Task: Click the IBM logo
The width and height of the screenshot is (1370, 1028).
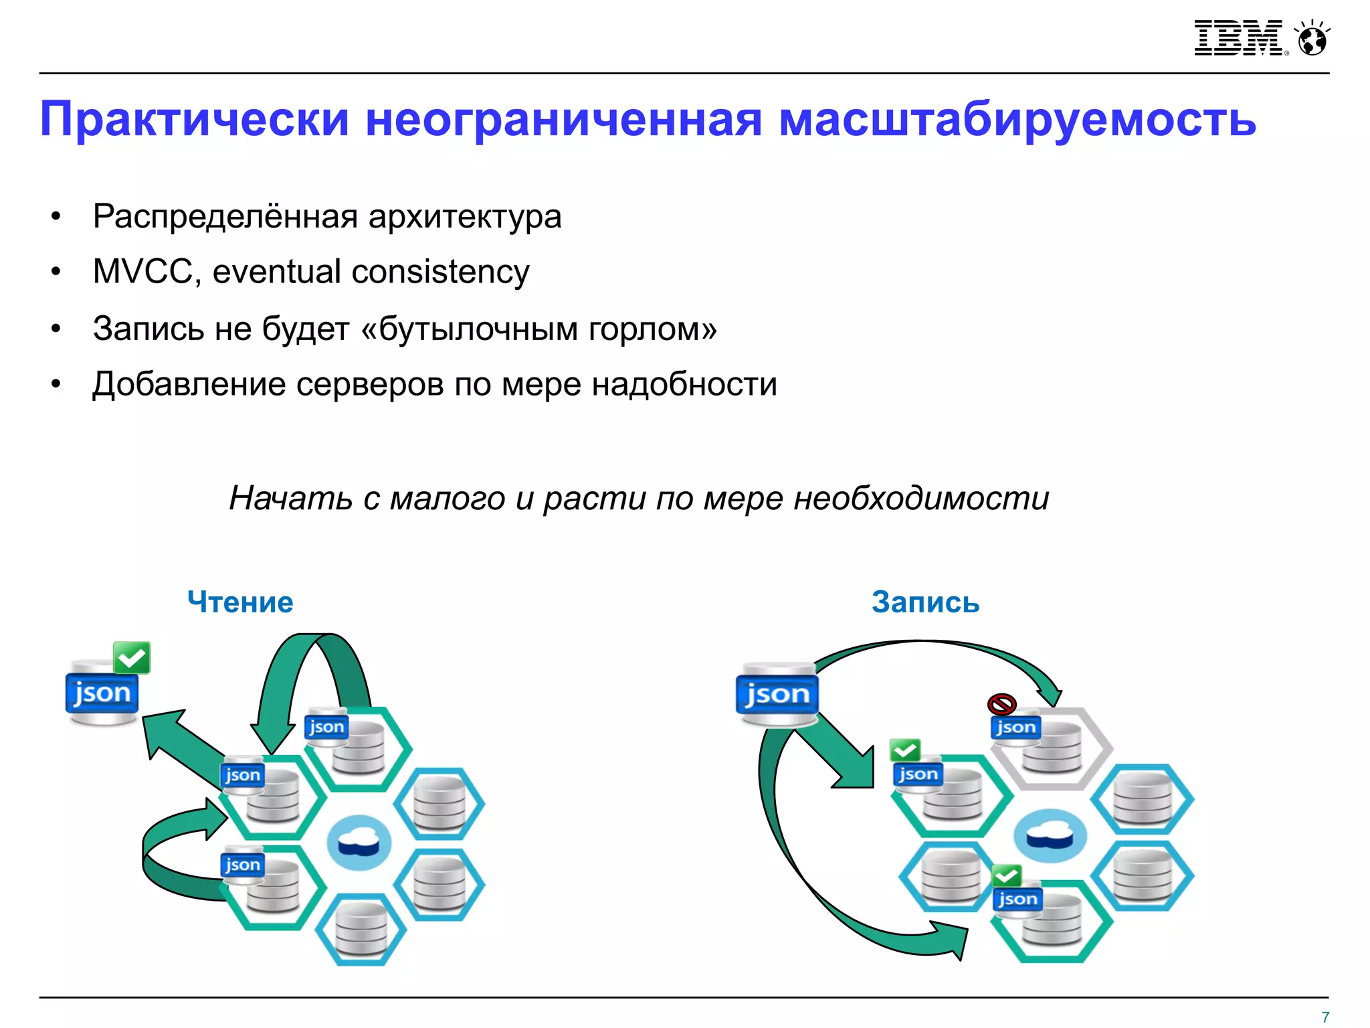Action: pos(1240,38)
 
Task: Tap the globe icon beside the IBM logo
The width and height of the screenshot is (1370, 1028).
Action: pos(1312,39)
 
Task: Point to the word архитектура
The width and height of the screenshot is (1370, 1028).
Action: pos(464,217)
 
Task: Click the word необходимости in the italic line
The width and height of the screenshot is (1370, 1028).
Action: pos(921,499)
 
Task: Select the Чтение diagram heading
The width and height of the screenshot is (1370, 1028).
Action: pos(240,602)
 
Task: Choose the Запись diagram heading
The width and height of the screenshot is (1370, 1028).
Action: pos(925,602)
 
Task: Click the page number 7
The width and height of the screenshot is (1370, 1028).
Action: pos(1325,1017)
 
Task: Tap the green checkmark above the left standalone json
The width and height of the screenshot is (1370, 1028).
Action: pos(132,657)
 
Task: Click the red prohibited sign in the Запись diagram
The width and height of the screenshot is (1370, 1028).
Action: pos(1001,704)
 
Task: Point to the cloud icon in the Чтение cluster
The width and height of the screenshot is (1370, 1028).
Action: pos(359,843)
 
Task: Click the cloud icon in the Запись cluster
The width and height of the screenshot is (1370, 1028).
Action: pos(1050,836)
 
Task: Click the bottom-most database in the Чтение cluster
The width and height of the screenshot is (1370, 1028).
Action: pos(361,929)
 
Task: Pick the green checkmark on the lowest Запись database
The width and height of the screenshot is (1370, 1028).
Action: pos(1006,875)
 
